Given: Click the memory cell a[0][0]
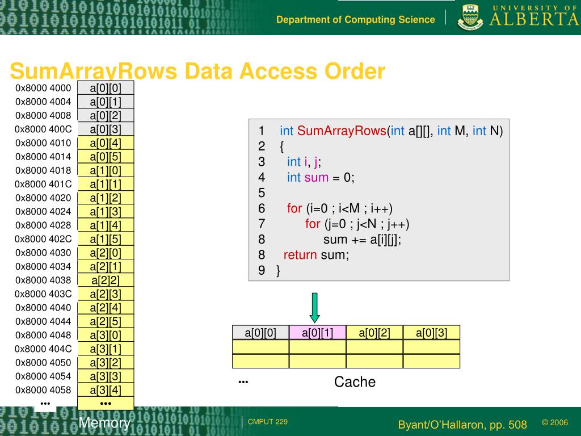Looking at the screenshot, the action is coord(106,88).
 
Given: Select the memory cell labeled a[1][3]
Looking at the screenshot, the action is coord(106,212).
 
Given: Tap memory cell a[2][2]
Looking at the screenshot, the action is coord(106,280).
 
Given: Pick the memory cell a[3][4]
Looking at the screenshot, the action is coord(106,390).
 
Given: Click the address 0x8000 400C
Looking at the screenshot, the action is coord(43,129).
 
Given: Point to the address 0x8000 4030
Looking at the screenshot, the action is coord(43,253).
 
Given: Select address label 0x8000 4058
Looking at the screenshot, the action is coord(43,390).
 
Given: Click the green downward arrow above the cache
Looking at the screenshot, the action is coord(315,307).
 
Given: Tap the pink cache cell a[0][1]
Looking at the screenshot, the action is coord(317,333).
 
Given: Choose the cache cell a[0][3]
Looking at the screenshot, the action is coord(431,333).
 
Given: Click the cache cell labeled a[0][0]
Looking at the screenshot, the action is coord(260,333).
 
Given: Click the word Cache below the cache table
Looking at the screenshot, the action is coord(355,382).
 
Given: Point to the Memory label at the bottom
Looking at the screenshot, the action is coord(104,423).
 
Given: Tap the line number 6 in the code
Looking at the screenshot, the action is coord(262,208).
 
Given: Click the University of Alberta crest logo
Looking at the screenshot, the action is coord(470,17).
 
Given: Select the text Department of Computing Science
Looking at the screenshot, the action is coord(356,20).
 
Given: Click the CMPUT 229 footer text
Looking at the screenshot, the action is coord(268,422).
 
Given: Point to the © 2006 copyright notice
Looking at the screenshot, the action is coord(554,422).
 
